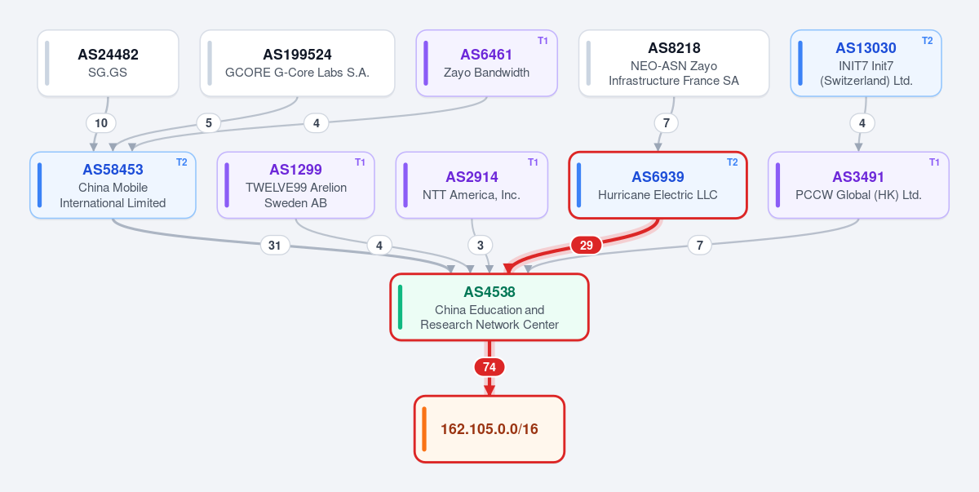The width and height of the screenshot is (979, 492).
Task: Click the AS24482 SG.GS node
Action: pyautogui.click(x=108, y=63)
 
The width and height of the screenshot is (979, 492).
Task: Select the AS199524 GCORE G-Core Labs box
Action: pyautogui.click(x=297, y=63)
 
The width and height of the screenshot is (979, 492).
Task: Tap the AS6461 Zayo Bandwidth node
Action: pyautogui.click(x=486, y=63)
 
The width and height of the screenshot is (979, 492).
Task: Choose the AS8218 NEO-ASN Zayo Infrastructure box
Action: pyautogui.click(x=674, y=63)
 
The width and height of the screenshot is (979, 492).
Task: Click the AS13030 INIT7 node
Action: pyautogui.click(x=866, y=63)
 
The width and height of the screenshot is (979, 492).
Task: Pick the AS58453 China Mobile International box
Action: pyautogui.click(x=113, y=185)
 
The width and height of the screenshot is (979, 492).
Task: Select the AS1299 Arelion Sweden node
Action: pyautogui.click(x=296, y=185)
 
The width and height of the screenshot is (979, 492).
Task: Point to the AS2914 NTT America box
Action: pyautogui.click(x=472, y=185)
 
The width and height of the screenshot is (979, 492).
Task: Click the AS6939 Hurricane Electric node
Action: pyautogui.click(x=658, y=185)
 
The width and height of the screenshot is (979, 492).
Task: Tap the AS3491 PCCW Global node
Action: pyautogui.click(x=858, y=185)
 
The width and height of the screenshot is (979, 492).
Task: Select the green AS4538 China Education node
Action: pyautogui.click(x=489, y=307)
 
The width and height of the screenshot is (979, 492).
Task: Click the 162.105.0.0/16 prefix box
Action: pyautogui.click(x=489, y=429)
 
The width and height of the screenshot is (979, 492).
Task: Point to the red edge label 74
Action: pyautogui.click(x=489, y=367)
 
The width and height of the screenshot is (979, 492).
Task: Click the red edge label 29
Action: pyautogui.click(x=586, y=245)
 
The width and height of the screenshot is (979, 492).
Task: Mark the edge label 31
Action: pyautogui.click(x=274, y=245)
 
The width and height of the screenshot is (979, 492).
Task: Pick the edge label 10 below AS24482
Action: pyautogui.click(x=101, y=122)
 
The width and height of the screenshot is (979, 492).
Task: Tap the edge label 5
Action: pyautogui.click(x=209, y=122)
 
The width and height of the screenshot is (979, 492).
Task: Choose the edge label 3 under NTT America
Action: pyautogui.click(x=481, y=245)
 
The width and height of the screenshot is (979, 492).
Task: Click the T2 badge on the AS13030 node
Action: pyautogui.click(x=927, y=41)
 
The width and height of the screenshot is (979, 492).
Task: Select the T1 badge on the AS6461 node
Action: pyautogui.click(x=543, y=41)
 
